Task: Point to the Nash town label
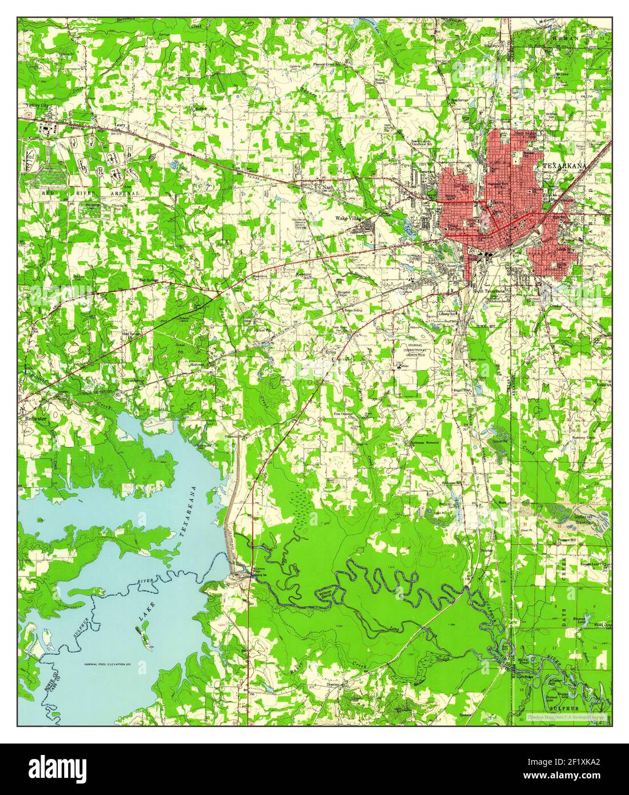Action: tap(327, 187)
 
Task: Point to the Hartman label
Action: tap(198, 364)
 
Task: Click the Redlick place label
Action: tap(200, 108)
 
